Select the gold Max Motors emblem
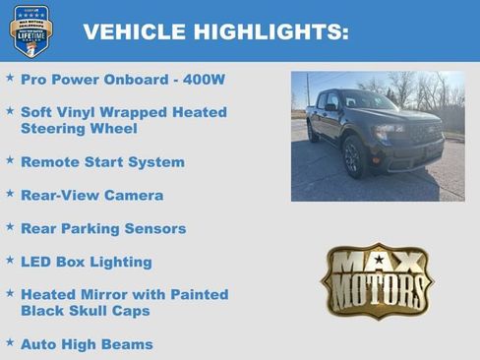(378, 280)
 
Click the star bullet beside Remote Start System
(10, 159)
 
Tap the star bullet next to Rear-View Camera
(10, 194)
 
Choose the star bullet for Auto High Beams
(10, 342)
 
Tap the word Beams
(128, 344)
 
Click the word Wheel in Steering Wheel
(113, 128)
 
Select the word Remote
(50, 161)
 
